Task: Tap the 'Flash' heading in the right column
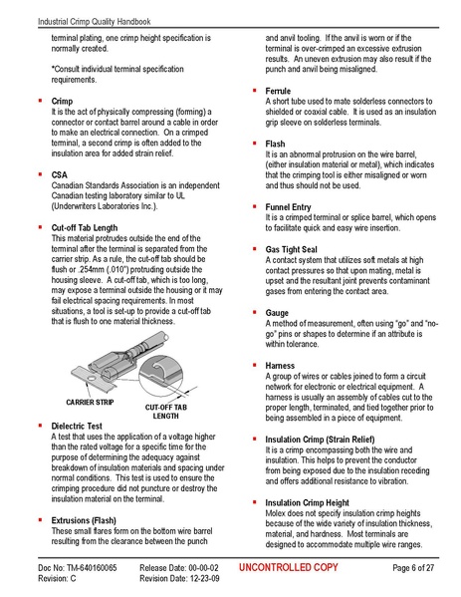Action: coord(275,145)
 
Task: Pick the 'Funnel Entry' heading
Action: coord(289,206)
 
